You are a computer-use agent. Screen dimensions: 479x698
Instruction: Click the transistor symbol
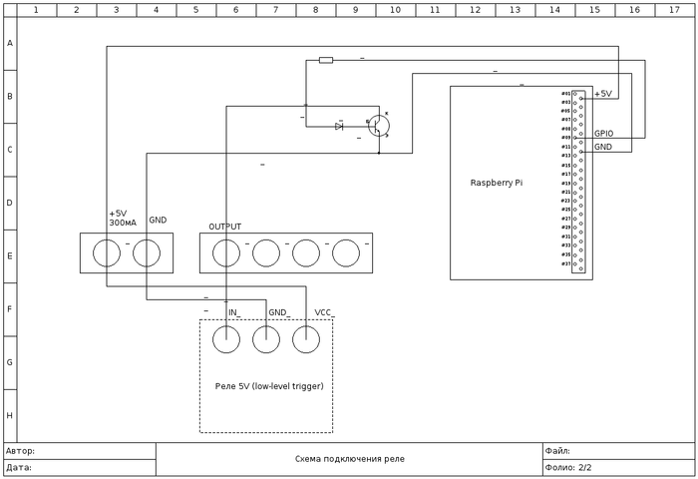(379, 126)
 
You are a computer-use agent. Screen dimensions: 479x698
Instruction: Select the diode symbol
(340, 126)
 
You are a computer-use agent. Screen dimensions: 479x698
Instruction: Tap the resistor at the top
(326, 60)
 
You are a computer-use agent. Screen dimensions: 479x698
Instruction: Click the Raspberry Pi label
(496, 183)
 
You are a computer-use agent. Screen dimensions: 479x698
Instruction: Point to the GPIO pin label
(604, 133)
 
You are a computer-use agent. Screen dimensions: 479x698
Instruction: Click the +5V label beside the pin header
(603, 94)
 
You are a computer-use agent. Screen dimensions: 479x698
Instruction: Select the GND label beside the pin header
(603, 147)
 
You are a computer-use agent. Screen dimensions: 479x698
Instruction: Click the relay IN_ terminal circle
(226, 339)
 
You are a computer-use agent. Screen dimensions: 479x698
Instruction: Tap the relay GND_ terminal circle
(266, 339)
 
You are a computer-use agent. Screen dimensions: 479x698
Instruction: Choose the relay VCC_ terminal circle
(306, 339)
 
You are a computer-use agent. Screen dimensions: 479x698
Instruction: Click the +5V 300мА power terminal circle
(107, 252)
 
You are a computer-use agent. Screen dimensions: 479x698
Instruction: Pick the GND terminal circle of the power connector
(147, 252)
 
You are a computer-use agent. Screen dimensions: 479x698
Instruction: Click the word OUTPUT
(224, 227)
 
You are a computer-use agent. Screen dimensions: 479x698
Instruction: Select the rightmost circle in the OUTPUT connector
(346, 252)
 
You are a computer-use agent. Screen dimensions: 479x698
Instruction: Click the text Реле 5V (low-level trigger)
(269, 385)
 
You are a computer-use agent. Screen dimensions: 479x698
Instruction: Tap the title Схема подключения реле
(349, 459)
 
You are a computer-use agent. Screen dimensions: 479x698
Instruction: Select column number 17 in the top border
(674, 9)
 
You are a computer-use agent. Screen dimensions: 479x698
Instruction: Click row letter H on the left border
(9, 415)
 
